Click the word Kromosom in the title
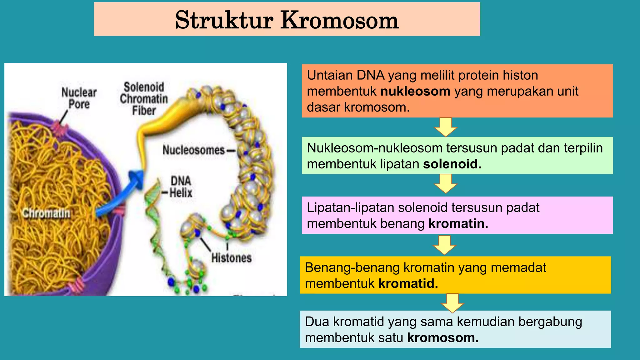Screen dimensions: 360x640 tap(339, 20)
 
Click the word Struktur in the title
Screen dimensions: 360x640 tap(224, 20)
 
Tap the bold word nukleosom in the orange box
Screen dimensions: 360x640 tap(415, 91)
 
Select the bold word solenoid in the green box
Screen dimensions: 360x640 tap(452, 164)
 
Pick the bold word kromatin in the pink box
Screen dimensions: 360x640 tap(458, 224)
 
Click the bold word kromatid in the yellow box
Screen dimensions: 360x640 tap(408, 284)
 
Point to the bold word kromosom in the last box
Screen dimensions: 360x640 tap(442, 338)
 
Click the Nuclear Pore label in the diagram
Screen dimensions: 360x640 tap(79, 98)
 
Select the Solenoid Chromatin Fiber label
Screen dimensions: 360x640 tap(144, 99)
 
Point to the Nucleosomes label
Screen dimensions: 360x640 tap(193, 150)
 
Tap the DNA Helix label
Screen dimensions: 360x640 tap(181, 187)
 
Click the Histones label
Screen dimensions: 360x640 tap(231, 258)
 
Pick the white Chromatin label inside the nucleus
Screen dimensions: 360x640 tap(46, 213)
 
